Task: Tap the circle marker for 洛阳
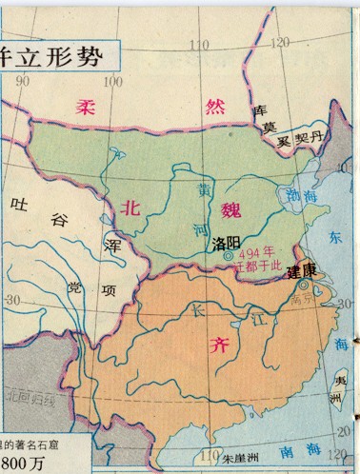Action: tap(228, 255)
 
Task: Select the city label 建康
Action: tap(303, 271)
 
